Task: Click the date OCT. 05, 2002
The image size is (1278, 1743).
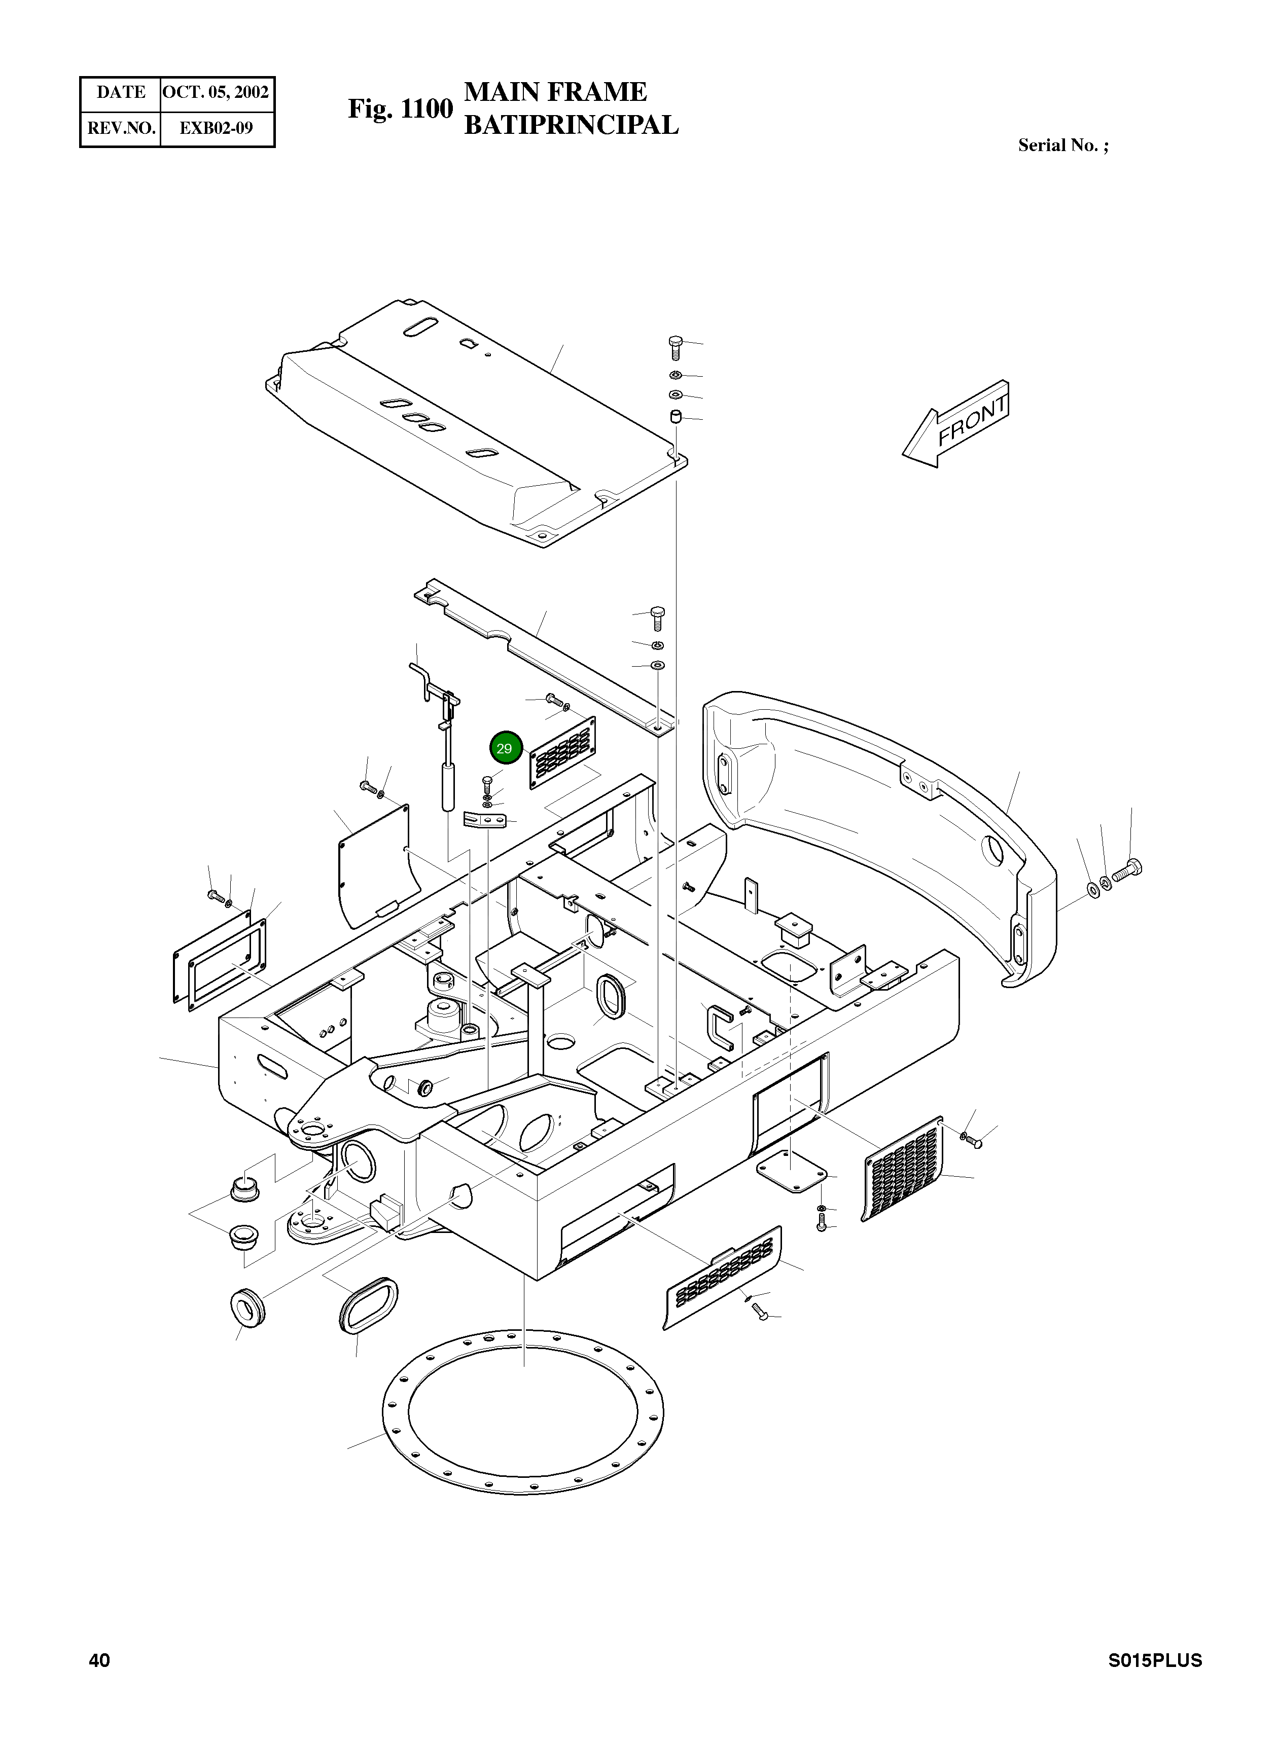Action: click(216, 93)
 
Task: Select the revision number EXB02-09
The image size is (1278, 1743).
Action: click(216, 128)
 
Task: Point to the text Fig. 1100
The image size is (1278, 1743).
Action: click(400, 109)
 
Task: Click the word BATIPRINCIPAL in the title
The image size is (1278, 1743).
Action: click(571, 125)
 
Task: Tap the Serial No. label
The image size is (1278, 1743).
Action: click(1062, 146)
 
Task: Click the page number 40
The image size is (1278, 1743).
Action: click(100, 1660)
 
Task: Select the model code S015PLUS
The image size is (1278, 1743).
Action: click(1154, 1660)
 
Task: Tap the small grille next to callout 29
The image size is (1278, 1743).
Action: click(562, 752)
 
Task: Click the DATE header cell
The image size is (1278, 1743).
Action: click(121, 93)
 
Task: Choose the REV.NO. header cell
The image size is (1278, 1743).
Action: click(121, 128)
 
